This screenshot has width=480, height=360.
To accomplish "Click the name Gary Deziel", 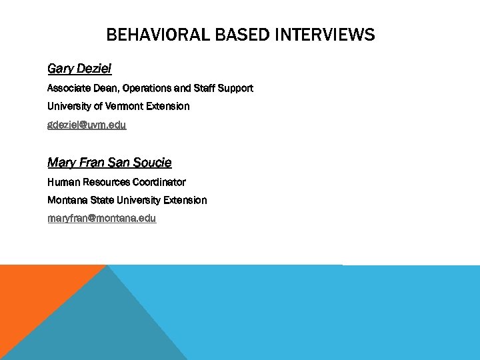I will [79, 68].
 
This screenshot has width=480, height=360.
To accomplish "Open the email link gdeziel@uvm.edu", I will [87, 125].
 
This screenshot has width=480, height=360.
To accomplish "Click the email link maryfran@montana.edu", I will [101, 218].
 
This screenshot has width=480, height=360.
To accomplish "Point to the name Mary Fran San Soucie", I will [109, 162].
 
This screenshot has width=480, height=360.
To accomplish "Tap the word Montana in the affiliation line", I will [67, 200].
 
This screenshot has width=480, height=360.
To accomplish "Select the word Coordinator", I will [159, 182].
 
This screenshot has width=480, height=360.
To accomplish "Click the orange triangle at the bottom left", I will [33, 293].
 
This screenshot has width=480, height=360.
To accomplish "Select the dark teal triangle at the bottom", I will [107, 327].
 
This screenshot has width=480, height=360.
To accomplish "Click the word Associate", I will [68, 88].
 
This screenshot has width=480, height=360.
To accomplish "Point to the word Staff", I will [204, 88].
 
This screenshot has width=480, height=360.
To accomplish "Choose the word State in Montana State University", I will [103, 200].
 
